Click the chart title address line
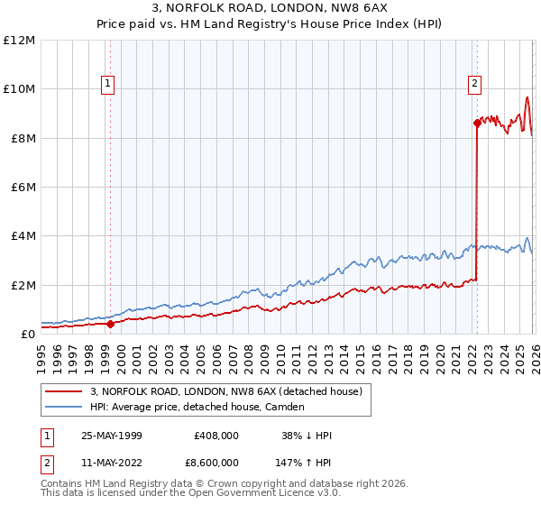[270, 8]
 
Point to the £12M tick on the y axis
[19, 41]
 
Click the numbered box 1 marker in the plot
[107, 84]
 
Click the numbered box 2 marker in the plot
[474, 84]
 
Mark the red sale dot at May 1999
[110, 324]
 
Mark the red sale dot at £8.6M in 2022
[477, 124]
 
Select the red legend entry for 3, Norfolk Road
[225, 391]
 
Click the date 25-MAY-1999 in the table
[112, 436]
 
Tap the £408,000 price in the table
[216, 436]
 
